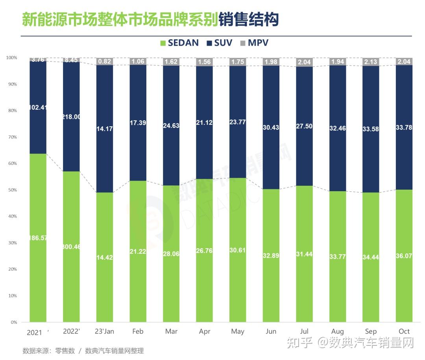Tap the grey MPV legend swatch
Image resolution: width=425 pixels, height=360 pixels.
[242, 43]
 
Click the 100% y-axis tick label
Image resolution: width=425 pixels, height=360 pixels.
[11, 58]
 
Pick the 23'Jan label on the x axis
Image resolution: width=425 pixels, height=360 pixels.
[105, 331]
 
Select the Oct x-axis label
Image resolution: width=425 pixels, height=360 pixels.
[404, 331]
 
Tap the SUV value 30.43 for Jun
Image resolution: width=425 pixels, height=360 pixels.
[271, 127]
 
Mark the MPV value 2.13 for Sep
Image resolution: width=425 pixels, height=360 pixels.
[371, 61]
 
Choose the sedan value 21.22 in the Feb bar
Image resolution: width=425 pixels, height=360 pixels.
[138, 252]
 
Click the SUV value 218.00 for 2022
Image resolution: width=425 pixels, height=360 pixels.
[71, 117]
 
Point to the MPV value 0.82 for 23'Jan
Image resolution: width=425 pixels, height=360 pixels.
[105, 61]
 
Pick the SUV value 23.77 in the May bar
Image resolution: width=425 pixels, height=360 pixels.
[238, 122]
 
